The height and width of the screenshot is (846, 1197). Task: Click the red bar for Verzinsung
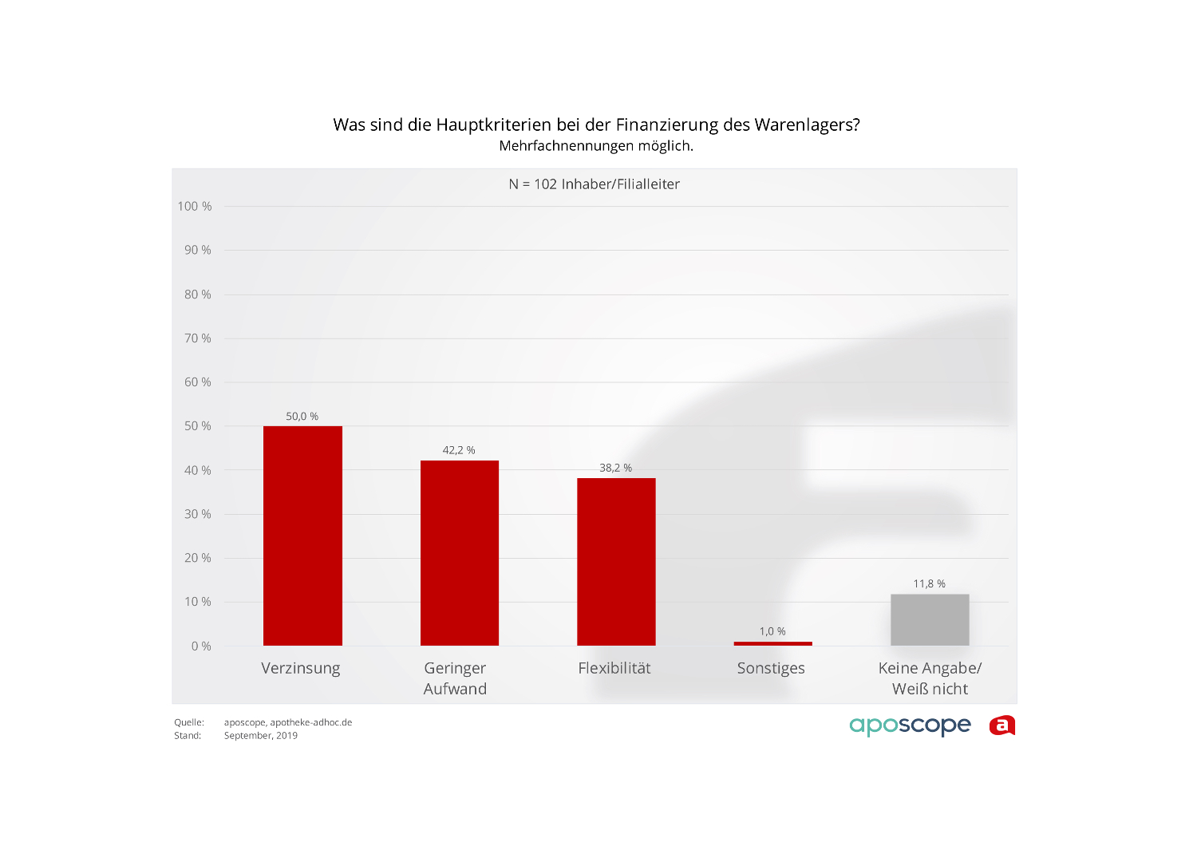pos(302,536)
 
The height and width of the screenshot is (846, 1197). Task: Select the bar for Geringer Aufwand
pos(460,553)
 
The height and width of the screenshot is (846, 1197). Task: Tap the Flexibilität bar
pos(616,562)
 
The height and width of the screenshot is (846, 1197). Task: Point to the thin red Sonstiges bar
pos(772,643)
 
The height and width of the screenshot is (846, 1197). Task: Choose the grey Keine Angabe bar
pos(930,620)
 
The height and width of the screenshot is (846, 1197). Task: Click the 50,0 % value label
pos(302,417)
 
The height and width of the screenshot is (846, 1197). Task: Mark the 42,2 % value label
pos(459,450)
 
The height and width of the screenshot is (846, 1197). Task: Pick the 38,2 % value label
pos(615,468)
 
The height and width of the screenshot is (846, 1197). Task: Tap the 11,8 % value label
pos(929,584)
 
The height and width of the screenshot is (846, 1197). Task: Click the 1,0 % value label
pos(772,631)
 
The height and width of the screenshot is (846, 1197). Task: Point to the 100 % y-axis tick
pos(195,207)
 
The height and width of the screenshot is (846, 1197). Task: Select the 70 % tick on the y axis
pos(198,338)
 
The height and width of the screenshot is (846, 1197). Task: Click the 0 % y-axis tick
pos(201,646)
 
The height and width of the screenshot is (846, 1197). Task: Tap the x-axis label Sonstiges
pos(771,668)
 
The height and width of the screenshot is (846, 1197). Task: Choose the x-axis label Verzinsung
pos(301,668)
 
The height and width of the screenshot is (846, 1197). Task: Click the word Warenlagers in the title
pos(807,125)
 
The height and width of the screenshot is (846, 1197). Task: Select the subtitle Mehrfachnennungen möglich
pos(596,146)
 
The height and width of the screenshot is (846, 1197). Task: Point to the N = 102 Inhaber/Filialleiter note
pos(595,184)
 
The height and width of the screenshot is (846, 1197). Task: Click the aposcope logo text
pos(910,725)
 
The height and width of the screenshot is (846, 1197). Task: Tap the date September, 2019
pos(261,736)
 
